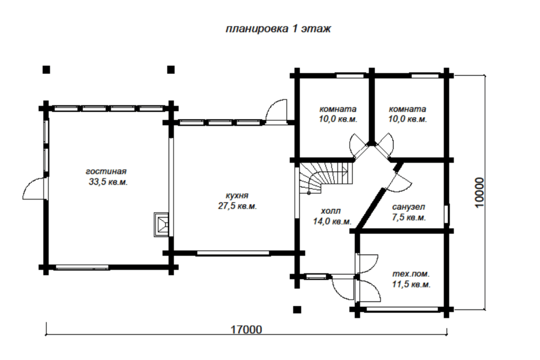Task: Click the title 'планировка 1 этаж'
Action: coord(278,28)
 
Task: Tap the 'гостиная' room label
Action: coord(106,171)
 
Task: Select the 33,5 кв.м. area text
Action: coord(108,182)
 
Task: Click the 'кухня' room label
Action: coord(237,196)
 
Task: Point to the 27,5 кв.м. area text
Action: coord(238,207)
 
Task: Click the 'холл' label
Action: coord(331,210)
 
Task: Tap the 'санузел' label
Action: coord(408,207)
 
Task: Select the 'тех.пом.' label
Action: coord(411,274)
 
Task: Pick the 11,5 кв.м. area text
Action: coord(411,285)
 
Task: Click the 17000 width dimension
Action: coord(246,330)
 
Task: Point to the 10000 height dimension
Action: coord(479,193)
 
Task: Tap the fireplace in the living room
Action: coord(161,224)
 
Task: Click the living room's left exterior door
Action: coord(35,188)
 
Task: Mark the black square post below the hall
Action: coord(297,309)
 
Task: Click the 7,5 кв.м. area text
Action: coord(409,218)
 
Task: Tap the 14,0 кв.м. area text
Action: coord(332,221)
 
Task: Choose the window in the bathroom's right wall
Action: coord(446,214)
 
